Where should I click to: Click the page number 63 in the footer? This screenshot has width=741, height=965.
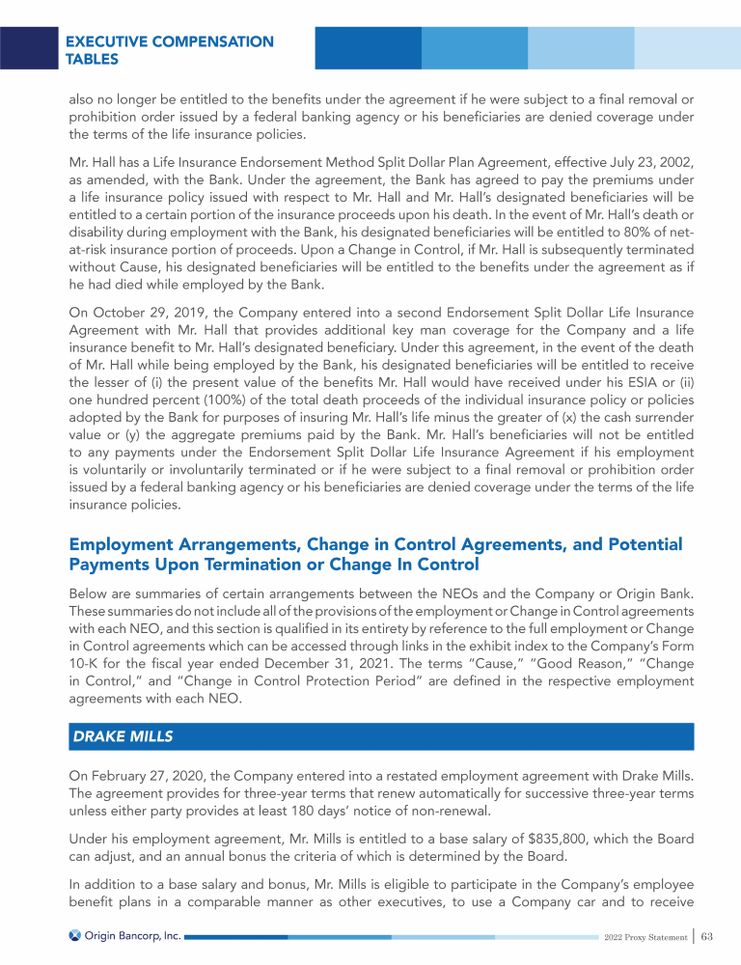(707, 936)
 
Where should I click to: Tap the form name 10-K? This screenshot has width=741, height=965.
(86, 664)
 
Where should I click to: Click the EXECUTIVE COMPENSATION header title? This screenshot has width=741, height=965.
(169, 41)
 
